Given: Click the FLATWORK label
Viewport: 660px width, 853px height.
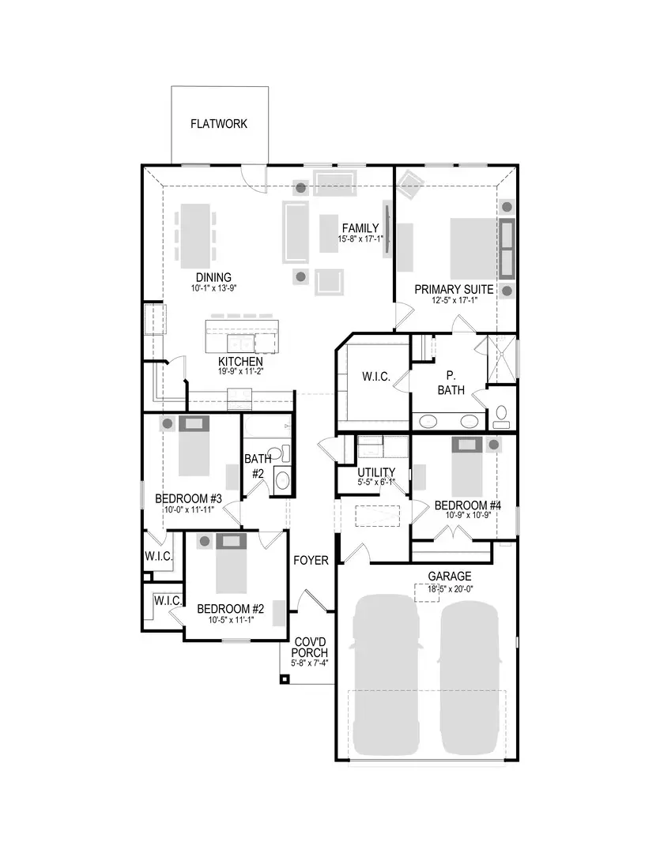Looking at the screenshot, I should (219, 124).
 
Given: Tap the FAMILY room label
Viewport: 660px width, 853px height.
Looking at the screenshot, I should (360, 228).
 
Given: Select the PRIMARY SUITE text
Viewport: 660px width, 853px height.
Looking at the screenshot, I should (454, 290).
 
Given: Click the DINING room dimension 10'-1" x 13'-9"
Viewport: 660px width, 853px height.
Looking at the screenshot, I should (213, 288).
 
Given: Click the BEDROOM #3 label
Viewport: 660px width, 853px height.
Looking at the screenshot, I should (188, 498).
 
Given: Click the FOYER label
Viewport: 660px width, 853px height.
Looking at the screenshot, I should (311, 560).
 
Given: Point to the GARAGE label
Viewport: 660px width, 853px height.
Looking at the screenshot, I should (449, 577).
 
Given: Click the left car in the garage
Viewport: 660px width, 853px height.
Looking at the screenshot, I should (385, 675).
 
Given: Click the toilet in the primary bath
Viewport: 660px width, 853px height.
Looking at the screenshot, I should (501, 417).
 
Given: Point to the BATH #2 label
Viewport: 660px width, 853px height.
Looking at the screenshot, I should (257, 465).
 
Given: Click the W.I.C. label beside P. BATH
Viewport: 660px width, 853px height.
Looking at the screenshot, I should (376, 377).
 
